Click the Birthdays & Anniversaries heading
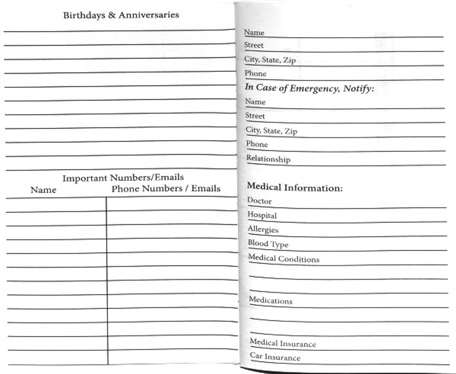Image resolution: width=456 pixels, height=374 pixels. pos(121,15)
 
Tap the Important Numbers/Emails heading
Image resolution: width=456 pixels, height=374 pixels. pos(123,178)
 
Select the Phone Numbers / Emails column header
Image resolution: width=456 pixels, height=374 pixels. pos(166,189)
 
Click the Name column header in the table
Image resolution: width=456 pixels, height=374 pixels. pos(43,190)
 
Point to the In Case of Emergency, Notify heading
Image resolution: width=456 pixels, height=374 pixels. pos(309,88)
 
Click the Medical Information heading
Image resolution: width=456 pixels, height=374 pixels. pos(295,187)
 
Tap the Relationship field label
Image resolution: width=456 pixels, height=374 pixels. pos(268,159)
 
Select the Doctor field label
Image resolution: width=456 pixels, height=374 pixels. pos(259,201)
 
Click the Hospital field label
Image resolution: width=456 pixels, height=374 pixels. pos(262,215)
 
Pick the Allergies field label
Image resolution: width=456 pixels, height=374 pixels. pos(263,229)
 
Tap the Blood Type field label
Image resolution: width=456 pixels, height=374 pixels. pos(268,244)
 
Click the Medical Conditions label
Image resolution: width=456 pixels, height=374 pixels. pos(284,258)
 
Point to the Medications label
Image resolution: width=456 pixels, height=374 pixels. pos(271,300)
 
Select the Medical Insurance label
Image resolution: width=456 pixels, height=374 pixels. pos(283,343)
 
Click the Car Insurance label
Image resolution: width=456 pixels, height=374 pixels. pos(275,357)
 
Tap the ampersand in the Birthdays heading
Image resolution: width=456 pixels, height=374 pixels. pos(112,15)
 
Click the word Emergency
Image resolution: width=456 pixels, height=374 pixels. pos(314,89)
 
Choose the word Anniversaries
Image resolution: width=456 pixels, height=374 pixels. pos(149,15)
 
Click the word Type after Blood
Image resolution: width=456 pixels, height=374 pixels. pos(279,245)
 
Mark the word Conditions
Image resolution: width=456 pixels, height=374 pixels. pos(299,259)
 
